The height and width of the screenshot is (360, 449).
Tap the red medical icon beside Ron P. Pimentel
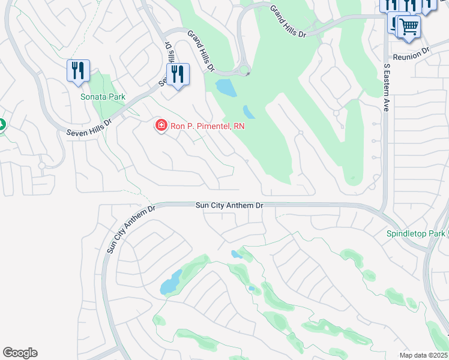[161, 125]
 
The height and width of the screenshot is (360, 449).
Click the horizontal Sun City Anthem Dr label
[229, 205]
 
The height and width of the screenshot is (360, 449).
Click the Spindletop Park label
[416, 233]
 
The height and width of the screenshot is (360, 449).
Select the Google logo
[20, 353]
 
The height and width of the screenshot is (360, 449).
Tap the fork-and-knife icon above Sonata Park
[78, 71]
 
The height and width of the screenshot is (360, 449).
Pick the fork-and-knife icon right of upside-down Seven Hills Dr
[178, 74]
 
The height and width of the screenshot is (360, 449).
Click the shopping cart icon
[409, 26]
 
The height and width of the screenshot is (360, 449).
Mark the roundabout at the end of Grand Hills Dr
[244, 71]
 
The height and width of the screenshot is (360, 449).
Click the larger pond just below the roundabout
[226, 88]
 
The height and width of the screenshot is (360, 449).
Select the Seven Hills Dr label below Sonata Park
[90, 124]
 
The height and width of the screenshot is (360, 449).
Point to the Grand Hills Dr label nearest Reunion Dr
[288, 22]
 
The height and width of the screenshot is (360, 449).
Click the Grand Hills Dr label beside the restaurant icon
[200, 52]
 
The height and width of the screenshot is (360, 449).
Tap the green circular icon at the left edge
[1, 125]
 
